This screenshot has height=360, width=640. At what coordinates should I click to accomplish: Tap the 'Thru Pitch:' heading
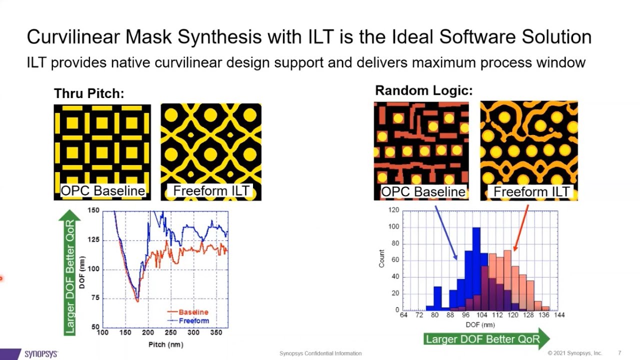(x=89, y=93)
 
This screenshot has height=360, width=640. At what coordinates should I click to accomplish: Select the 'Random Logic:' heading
(x=423, y=90)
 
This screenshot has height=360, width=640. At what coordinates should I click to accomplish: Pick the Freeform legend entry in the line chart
(x=193, y=320)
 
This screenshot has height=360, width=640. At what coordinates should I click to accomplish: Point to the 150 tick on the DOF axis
(x=93, y=211)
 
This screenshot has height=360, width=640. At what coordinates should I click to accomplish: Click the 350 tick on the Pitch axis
(x=216, y=332)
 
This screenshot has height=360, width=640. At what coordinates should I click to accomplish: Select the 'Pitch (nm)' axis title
(x=165, y=344)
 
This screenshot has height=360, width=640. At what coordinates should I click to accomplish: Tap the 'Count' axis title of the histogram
(x=381, y=258)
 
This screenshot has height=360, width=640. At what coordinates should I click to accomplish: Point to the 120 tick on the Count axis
(x=393, y=210)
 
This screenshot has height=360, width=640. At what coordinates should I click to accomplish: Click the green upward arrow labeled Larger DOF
(x=69, y=272)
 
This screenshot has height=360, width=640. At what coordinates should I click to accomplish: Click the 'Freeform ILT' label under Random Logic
(x=531, y=192)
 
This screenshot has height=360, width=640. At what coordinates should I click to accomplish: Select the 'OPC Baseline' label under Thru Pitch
(x=102, y=190)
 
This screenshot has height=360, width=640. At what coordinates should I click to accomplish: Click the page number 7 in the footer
(x=620, y=353)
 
